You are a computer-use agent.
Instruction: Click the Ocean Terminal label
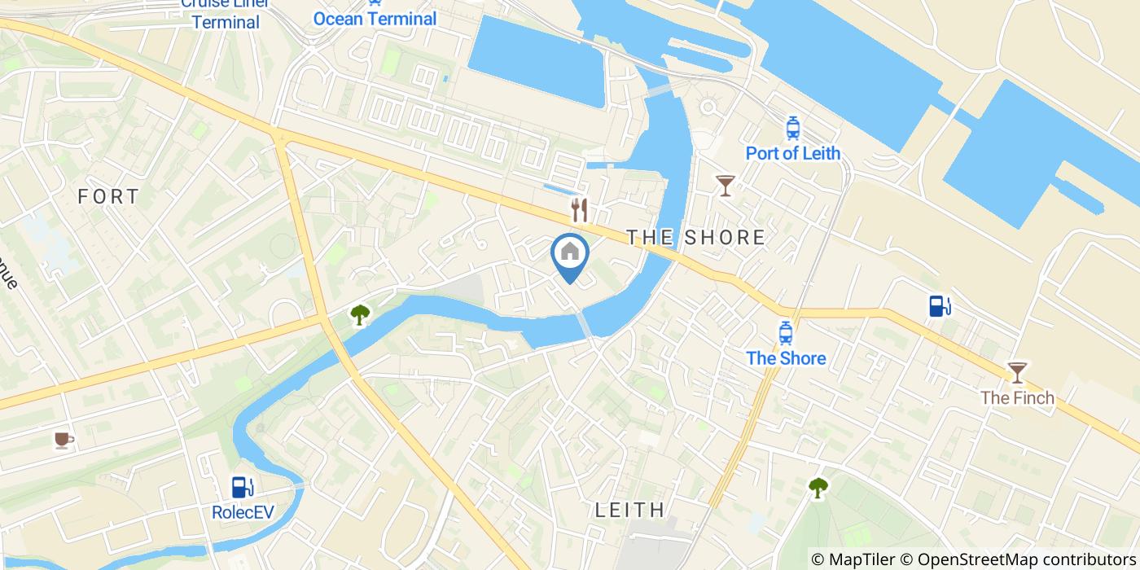(375, 18)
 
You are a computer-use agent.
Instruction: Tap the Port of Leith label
(792, 153)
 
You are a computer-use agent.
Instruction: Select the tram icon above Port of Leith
(792, 128)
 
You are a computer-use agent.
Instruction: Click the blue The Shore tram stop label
(786, 358)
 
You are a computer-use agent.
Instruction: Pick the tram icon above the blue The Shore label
(786, 332)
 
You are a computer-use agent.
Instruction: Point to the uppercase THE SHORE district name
(695, 237)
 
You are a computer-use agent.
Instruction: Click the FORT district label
(109, 196)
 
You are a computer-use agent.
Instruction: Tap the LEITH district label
(630, 511)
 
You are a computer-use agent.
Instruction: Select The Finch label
(1017, 398)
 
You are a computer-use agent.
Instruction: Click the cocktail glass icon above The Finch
(1017, 372)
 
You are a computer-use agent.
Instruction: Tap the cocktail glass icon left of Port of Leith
(725, 185)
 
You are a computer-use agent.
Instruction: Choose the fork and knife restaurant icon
(579, 210)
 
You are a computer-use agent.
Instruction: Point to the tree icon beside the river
(359, 314)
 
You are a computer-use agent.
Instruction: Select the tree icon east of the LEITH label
(818, 488)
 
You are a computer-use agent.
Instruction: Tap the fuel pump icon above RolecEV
(242, 487)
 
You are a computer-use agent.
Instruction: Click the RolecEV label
(242, 513)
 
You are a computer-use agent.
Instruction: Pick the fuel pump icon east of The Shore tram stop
(940, 306)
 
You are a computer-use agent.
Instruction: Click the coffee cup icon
(64, 441)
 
